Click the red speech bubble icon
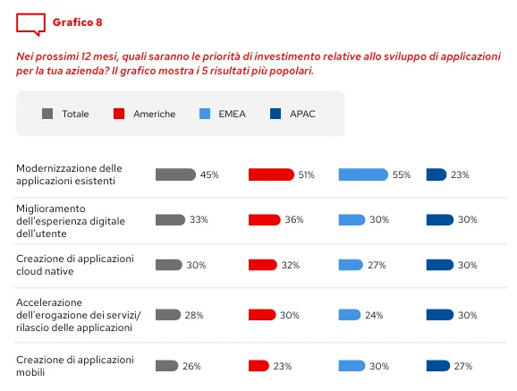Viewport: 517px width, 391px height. [30, 23]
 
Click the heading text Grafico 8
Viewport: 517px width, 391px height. [77, 21]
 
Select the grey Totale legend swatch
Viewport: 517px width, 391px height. [47, 114]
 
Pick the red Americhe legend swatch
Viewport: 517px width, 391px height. [119, 114]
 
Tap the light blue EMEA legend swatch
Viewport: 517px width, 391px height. [204, 114]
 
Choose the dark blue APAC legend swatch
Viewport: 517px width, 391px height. [275, 114]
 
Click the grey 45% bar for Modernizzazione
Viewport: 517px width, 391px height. [175, 174]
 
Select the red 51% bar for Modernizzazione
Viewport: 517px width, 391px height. [271, 174]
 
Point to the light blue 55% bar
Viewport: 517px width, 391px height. [363, 174]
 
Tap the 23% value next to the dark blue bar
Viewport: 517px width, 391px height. [460, 175]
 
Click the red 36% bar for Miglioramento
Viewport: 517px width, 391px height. [264, 219]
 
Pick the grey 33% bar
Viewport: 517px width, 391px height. [170, 219]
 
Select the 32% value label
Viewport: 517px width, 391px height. [292, 265]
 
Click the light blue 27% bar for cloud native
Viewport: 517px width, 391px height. [351, 264]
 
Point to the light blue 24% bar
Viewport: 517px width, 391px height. [349, 314]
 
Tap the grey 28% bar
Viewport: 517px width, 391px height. [168, 314]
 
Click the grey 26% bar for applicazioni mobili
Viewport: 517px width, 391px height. [166, 365]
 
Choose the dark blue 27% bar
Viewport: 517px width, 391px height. [437, 365]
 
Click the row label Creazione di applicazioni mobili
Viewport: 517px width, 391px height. [75, 365]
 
